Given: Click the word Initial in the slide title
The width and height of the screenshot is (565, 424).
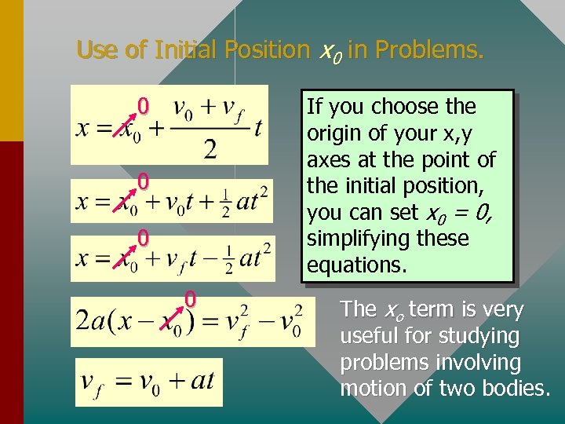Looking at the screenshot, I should (188, 50).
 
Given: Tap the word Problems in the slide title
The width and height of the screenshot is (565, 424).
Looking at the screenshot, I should (430, 50).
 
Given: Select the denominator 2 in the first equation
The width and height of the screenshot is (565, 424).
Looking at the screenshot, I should (210, 149).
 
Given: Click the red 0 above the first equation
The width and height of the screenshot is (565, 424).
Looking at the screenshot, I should (143, 105).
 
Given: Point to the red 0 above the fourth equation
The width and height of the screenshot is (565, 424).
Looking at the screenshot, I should (190, 299).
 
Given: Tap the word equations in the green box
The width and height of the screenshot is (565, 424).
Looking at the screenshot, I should (356, 265).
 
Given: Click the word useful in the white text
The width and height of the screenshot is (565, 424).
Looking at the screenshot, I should (368, 337).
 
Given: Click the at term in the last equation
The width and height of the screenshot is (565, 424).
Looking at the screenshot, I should (202, 382).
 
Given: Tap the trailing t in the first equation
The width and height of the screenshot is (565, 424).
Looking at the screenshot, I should (257, 128).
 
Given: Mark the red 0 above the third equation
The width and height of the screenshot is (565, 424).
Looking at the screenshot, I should (143, 236).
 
